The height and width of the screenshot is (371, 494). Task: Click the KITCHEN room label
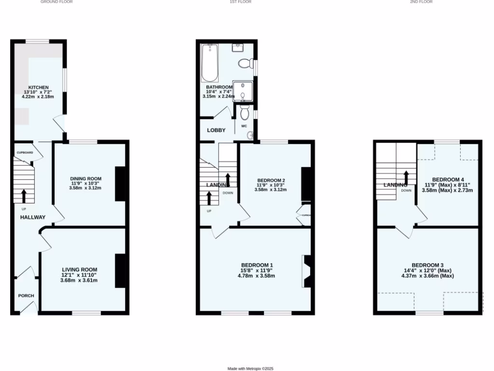pos(39,87)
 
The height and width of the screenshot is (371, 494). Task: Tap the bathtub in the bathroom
pos(210,63)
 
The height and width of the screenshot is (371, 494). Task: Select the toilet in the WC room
pos(244,114)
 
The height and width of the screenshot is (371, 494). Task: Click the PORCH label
pos(26,296)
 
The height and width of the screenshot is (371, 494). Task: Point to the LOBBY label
pos(216,130)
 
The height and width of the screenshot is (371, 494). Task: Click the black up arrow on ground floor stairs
pos(24,195)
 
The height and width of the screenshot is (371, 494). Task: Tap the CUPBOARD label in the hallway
pos(25,153)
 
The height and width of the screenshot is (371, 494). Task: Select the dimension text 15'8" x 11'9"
pos(257,271)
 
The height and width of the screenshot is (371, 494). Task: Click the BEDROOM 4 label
pos(447,179)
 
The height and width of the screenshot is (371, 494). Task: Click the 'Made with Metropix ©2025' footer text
pos(250,369)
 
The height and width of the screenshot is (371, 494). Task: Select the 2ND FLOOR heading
pos(421,2)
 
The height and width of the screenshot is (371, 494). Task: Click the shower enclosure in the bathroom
pos(243,90)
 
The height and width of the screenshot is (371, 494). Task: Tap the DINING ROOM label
pos(85,179)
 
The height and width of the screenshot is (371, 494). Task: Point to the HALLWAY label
pos(33,217)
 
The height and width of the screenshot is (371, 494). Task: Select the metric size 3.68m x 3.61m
pos(79,281)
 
